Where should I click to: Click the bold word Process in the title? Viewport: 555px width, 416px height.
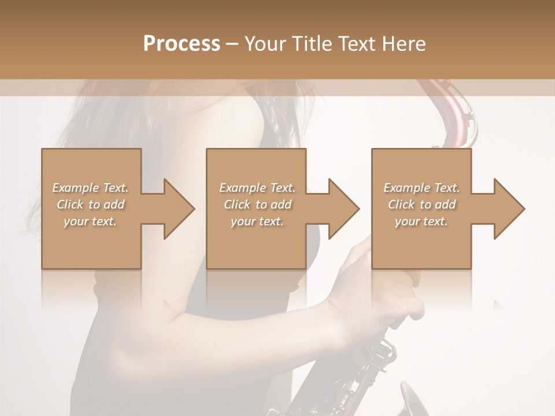[182, 43]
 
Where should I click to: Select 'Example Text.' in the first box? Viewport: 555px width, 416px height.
[91, 188]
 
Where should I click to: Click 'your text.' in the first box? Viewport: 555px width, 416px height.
[91, 221]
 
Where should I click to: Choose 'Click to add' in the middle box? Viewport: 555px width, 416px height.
[257, 205]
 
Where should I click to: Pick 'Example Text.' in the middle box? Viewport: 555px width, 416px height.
[257, 188]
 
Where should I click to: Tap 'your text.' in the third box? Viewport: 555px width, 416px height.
[421, 221]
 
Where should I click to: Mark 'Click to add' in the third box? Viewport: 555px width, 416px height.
[421, 205]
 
